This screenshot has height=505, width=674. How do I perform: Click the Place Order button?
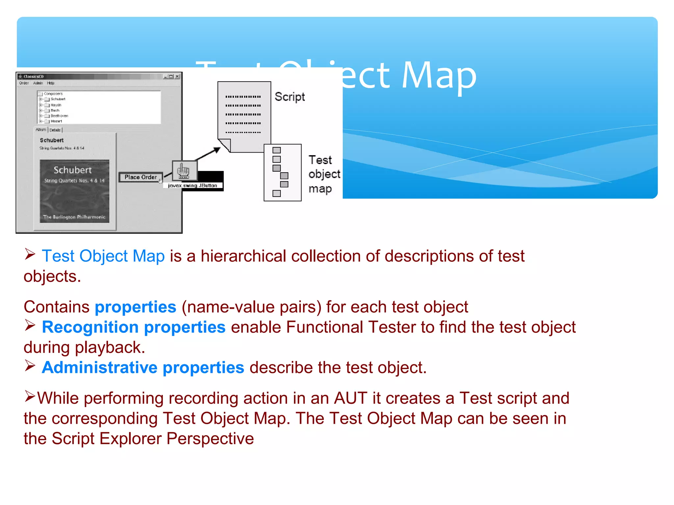(141, 177)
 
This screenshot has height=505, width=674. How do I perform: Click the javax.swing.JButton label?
(193, 186)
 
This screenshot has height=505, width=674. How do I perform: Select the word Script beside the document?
(290, 97)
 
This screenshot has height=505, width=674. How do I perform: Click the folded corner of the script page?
(225, 145)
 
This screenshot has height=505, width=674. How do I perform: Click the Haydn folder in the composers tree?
(56, 105)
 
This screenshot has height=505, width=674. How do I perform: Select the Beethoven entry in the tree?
(59, 116)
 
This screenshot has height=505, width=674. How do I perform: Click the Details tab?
(55, 130)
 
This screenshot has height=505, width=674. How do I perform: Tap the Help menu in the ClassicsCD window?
(50, 83)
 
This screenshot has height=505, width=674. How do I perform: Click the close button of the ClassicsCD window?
(177, 77)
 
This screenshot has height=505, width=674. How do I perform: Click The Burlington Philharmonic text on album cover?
(74, 217)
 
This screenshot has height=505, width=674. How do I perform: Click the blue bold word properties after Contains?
(135, 307)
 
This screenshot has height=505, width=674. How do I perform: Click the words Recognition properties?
(134, 327)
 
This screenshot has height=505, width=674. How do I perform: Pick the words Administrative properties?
(143, 368)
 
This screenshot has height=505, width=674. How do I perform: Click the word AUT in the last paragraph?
(350, 398)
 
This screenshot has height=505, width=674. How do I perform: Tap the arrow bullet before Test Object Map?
(30, 254)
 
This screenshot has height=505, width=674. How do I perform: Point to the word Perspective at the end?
(210, 439)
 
